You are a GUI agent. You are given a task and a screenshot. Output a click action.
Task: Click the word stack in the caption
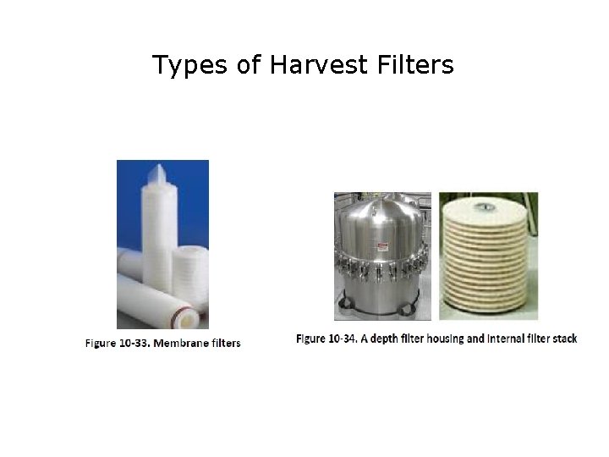click(563, 339)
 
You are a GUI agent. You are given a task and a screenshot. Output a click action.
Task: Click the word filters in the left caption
click(225, 343)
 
